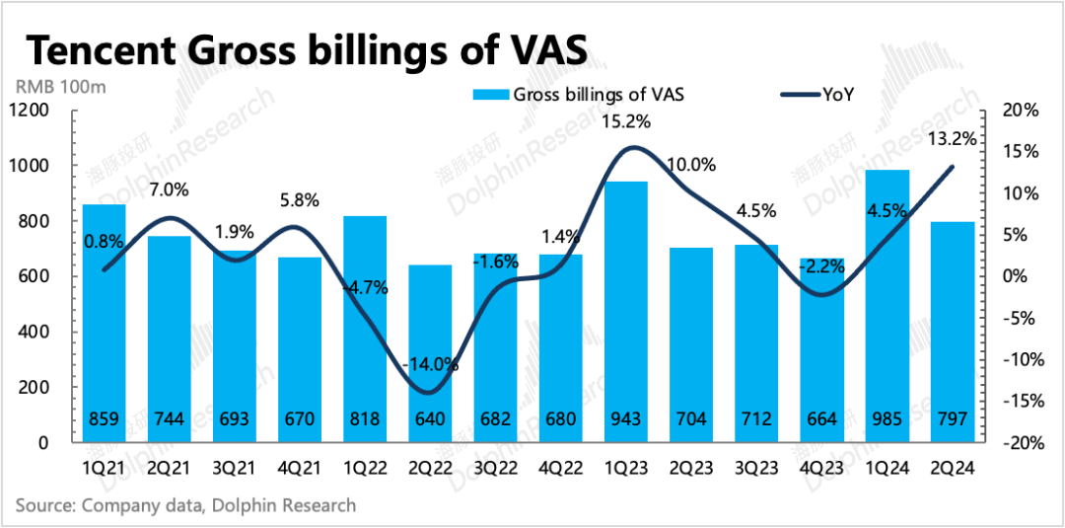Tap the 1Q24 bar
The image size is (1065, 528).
point(887,306)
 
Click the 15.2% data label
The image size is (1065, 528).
point(626,122)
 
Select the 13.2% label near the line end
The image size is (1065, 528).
point(952,139)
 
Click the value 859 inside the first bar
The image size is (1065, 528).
point(104,419)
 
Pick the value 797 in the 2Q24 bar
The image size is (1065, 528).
point(952,419)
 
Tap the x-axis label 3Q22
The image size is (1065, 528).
point(496,470)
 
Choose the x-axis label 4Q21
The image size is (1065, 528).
point(300,470)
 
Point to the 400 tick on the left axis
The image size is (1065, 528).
point(36,332)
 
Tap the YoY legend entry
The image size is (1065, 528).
point(837,95)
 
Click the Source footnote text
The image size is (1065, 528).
point(185,505)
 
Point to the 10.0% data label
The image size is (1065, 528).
point(691,165)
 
